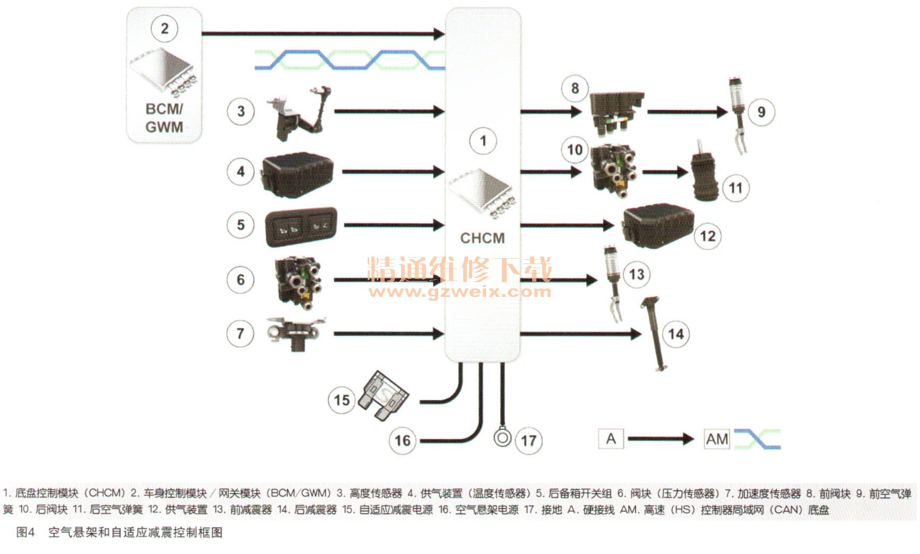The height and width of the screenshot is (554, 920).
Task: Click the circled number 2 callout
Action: click(x=164, y=28)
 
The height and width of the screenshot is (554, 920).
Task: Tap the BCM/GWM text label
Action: click(x=164, y=118)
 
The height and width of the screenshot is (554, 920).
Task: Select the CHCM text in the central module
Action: click(x=482, y=238)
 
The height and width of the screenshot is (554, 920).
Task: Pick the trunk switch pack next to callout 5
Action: click(x=301, y=226)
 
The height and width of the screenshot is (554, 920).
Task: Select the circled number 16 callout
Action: click(x=403, y=440)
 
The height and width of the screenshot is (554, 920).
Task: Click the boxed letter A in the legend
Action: click(x=611, y=439)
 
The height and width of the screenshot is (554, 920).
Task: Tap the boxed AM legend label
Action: click(x=717, y=439)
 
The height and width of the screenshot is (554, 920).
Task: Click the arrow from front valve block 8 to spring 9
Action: click(x=687, y=112)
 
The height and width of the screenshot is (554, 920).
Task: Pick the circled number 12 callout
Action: click(x=708, y=236)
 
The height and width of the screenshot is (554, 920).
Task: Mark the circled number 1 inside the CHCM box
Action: click(x=483, y=141)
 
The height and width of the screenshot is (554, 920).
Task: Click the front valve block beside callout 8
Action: click(x=617, y=112)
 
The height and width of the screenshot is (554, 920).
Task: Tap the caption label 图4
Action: click(x=25, y=532)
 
